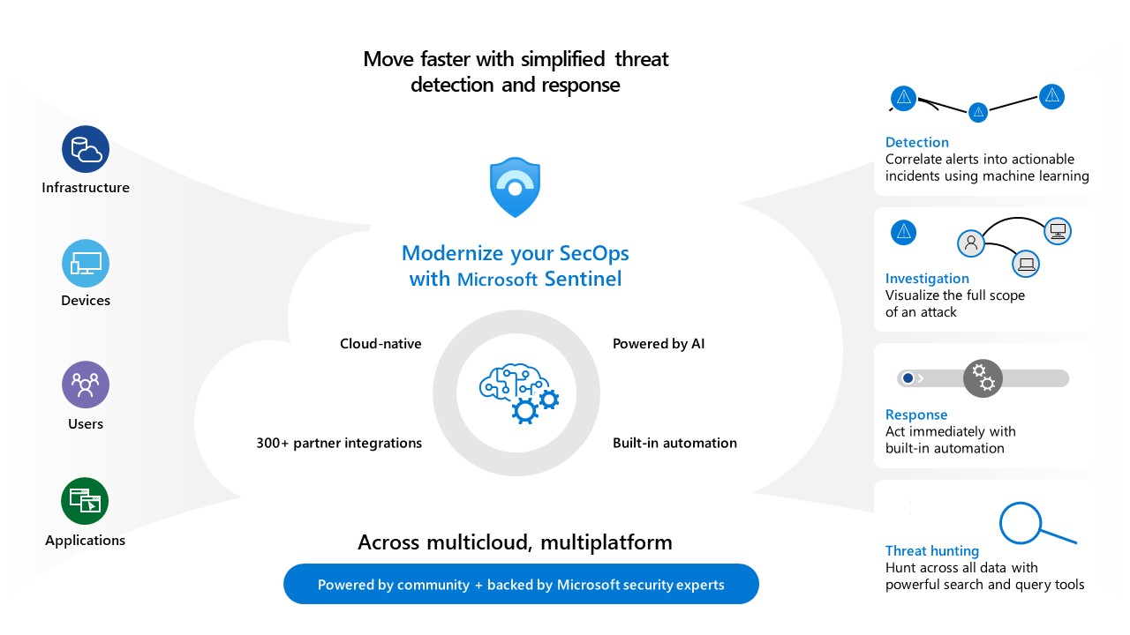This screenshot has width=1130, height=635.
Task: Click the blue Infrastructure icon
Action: [x=86, y=149]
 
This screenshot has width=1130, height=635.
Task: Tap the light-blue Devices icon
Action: [x=86, y=263]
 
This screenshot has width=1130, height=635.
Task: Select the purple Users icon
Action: [x=86, y=385]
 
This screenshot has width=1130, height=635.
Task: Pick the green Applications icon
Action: [x=86, y=501]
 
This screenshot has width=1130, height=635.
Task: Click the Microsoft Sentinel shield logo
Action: [x=515, y=187]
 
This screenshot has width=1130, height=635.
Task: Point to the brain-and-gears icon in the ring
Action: [x=518, y=392]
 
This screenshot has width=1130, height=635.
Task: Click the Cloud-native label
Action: [x=380, y=343]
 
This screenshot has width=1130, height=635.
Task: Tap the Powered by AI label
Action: [x=659, y=343]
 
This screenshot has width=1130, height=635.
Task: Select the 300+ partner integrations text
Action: [x=339, y=443]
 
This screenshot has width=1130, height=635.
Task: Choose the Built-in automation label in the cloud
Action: [x=674, y=443]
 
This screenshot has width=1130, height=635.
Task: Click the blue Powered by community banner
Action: [x=521, y=584]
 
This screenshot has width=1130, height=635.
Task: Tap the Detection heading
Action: [x=916, y=142]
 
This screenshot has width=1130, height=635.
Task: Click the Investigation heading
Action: [x=927, y=279]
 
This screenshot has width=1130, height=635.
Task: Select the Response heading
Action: [x=916, y=415]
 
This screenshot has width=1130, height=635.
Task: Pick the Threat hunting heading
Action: [x=932, y=551]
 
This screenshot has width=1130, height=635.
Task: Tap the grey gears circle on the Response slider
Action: [x=983, y=378]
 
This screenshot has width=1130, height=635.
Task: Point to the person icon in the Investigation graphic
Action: [x=971, y=243]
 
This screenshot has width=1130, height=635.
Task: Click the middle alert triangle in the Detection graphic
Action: [x=977, y=112]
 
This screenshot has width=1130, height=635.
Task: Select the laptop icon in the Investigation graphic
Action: [x=1025, y=262]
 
